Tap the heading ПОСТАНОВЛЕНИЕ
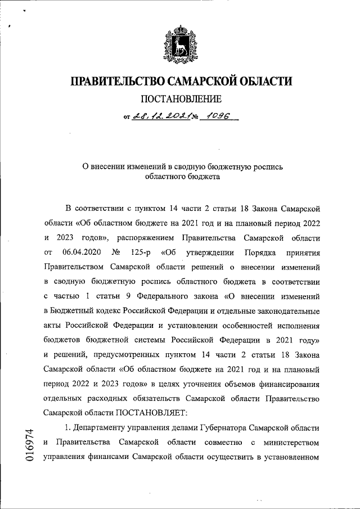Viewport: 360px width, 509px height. pos(181,100)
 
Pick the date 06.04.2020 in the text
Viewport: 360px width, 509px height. pos(82,251)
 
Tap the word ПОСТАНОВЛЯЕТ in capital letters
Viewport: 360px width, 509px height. pos(149,412)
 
